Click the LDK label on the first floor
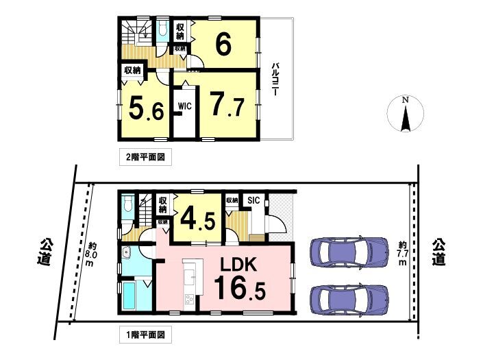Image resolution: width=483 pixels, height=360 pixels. pyautogui.click(x=238, y=265)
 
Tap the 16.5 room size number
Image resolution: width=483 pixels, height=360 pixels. pyautogui.click(x=240, y=288)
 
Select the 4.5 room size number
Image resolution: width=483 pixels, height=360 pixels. pyautogui.click(x=197, y=219)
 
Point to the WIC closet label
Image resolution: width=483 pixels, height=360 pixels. pyautogui.click(x=185, y=106)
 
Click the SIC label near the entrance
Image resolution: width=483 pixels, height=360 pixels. pyautogui.click(x=253, y=200)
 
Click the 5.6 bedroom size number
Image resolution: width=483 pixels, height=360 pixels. pyautogui.click(x=147, y=108)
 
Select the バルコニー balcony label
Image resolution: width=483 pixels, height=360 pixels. pyautogui.click(x=275, y=79)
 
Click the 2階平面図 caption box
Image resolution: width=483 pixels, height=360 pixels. pyautogui.click(x=145, y=157)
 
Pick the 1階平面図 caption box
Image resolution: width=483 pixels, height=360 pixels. pyautogui.click(x=145, y=335)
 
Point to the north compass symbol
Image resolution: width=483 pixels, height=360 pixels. pyautogui.click(x=406, y=113)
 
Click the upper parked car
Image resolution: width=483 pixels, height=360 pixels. pyautogui.click(x=349, y=250)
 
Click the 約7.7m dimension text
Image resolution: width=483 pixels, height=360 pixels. pyautogui.click(x=403, y=254)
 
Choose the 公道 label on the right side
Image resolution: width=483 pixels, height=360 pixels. pyautogui.click(x=438, y=252)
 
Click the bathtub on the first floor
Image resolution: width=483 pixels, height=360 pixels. pyautogui.click(x=129, y=296)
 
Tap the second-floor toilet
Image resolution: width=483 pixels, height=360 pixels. pyautogui.click(x=162, y=30)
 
